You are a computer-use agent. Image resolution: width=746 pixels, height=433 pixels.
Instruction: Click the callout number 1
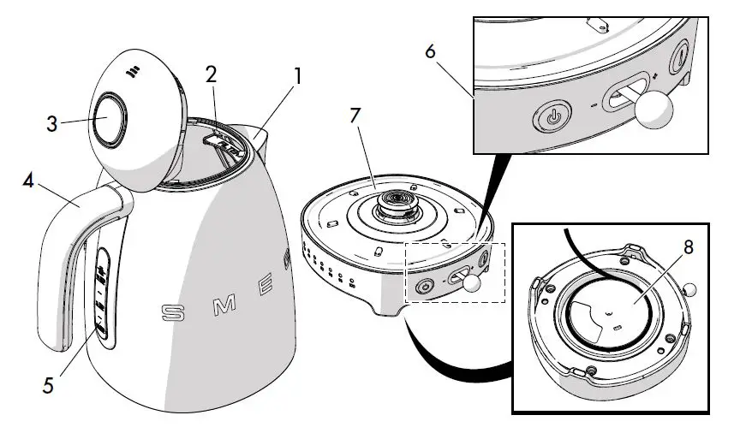[x=298, y=75]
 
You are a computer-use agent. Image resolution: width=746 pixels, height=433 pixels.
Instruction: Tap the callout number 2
[x=212, y=73]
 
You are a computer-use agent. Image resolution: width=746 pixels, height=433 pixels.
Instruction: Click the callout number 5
[x=48, y=386]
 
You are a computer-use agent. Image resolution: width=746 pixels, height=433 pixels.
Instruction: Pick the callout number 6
[x=430, y=51]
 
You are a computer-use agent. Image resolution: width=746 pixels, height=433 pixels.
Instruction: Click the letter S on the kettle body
[x=173, y=312]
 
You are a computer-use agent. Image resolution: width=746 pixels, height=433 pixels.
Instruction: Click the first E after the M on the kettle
[x=266, y=282]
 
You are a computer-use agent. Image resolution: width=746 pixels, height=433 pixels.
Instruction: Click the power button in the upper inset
[x=554, y=115]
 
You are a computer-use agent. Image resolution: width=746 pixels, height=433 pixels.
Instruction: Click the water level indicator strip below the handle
[x=102, y=296]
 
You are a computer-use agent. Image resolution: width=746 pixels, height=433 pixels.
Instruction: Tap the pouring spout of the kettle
[x=256, y=133]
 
